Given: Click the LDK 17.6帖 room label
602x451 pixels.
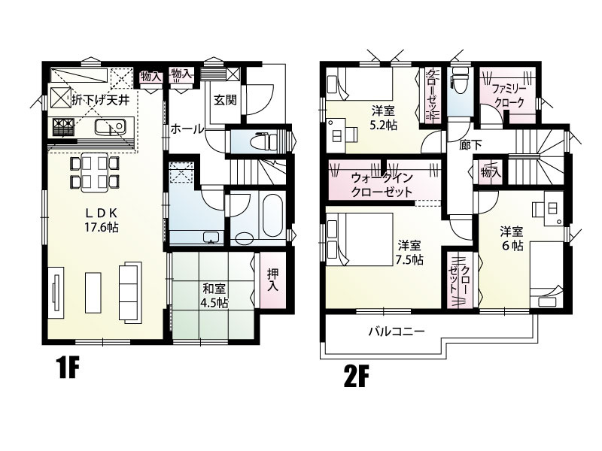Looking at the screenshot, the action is (102, 220).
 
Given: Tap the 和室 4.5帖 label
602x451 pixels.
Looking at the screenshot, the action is (214, 295).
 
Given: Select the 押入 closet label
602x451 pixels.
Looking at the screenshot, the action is (273, 279).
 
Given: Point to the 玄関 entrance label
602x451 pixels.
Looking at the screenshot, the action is (225, 101).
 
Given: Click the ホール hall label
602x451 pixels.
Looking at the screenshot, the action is (187, 129).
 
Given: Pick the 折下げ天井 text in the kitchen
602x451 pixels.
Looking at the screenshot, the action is (101, 101).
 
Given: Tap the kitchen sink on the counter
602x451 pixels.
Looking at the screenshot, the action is (110, 127).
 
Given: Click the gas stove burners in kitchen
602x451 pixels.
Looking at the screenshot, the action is (63, 127).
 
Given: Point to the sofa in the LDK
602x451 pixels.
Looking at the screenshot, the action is (130, 292).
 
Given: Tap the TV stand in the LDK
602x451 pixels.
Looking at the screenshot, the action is (56, 292).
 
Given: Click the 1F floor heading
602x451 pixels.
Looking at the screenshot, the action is (68, 368).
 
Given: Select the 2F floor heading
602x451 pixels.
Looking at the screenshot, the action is (356, 377).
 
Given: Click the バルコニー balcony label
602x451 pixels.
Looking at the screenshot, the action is (397, 331).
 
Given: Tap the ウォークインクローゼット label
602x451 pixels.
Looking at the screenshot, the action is (382, 184).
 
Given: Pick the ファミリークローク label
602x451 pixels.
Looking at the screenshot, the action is (509, 96).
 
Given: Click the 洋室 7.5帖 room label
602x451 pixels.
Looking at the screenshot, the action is (409, 253).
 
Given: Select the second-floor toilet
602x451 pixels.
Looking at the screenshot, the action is (458, 83).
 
